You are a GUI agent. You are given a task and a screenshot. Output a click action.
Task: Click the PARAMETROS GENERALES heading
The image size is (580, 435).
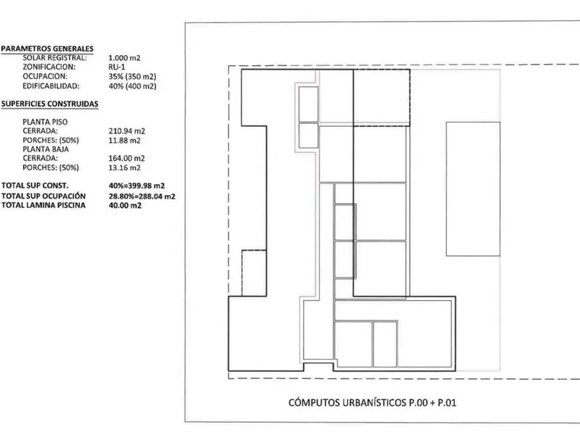(x=47, y=49)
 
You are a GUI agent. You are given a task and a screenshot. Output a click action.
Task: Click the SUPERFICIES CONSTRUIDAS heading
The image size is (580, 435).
(x=49, y=104)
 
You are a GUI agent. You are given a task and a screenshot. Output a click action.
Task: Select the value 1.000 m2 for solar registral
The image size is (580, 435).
(x=124, y=58)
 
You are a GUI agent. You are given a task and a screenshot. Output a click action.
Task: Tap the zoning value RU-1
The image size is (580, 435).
(x=117, y=67)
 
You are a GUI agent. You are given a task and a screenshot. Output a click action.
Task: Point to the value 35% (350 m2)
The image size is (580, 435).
(x=132, y=77)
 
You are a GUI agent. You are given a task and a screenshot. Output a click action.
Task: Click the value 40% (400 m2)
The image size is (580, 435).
(x=132, y=86)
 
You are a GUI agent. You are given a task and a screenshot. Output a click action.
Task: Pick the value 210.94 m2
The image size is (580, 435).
(x=126, y=131)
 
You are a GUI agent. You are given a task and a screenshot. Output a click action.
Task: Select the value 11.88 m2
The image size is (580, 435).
(x=124, y=140)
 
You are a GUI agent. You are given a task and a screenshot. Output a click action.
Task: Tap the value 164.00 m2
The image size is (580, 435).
(x=126, y=158)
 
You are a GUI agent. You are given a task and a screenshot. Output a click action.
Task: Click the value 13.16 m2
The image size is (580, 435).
(x=124, y=167)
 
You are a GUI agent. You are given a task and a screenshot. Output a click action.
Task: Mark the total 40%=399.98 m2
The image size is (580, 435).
(x=136, y=186)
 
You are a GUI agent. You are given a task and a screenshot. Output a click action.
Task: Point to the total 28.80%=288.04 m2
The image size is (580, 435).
(x=141, y=196)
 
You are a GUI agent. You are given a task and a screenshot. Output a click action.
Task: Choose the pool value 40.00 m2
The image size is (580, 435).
(x=125, y=205)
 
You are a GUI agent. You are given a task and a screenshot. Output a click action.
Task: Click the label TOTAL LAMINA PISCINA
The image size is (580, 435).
(x=43, y=205)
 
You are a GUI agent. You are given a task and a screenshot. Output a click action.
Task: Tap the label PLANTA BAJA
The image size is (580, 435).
(x=46, y=149)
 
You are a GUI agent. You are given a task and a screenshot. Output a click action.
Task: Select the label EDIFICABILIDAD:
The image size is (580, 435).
(x=51, y=86)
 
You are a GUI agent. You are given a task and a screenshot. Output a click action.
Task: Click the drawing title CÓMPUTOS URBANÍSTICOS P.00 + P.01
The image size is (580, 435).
(x=372, y=402)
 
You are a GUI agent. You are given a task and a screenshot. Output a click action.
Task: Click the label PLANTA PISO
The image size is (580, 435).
(x=45, y=122)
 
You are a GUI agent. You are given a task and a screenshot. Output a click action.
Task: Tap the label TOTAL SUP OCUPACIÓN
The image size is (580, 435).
(x=43, y=196)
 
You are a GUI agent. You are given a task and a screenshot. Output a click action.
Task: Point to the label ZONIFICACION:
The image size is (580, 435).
(x=49, y=67)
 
